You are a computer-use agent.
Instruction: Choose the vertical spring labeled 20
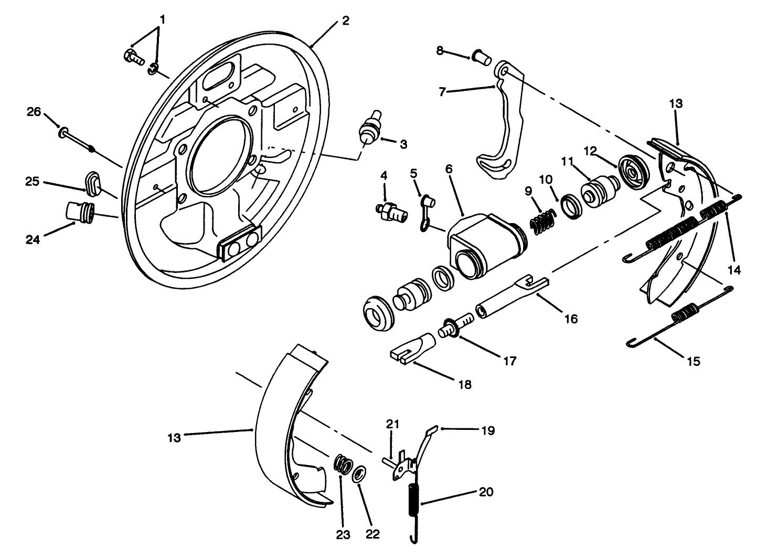coord(414,504)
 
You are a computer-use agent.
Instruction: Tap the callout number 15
coord(692,361)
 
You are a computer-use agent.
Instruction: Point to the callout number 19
coord(487,431)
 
